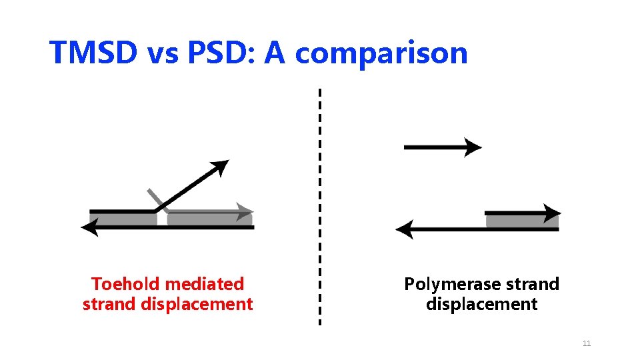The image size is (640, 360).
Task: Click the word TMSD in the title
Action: (93, 53)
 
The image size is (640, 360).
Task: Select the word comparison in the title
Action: (381, 53)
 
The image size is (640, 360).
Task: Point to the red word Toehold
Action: (125, 284)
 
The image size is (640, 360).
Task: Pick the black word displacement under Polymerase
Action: (481, 305)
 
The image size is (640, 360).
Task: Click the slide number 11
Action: (587, 343)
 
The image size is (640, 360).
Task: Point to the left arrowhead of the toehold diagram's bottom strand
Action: (89, 228)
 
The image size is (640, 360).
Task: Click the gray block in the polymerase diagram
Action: (513, 221)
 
